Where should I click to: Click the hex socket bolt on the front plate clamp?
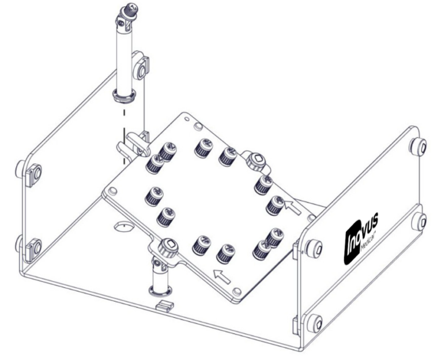pyautogui.click(x=167, y=249)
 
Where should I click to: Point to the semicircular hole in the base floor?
pyautogui.click(x=123, y=225)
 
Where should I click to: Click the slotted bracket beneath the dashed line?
pyautogui.click(x=131, y=143)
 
